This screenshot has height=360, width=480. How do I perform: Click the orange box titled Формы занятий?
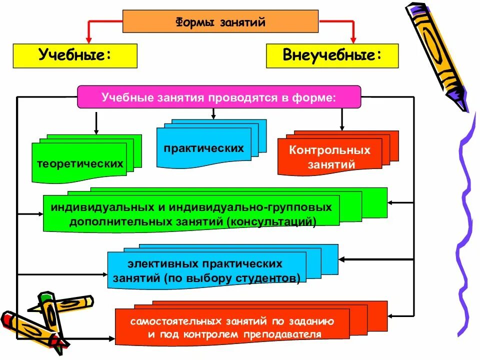coord(220,21)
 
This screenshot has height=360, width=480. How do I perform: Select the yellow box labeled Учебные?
coord(75,55)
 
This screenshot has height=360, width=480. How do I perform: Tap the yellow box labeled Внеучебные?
coord(332,55)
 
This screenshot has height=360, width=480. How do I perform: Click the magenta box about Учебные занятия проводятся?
coord(218,96)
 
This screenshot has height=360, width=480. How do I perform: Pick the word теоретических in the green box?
coord(79,163)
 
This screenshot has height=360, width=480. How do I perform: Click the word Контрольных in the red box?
coord(330,150)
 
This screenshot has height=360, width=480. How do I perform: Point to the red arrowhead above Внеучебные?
coord(352,39)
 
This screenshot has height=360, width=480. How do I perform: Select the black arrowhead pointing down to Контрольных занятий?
coord(342,127)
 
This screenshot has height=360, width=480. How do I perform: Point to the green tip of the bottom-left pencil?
coord(46,296)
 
